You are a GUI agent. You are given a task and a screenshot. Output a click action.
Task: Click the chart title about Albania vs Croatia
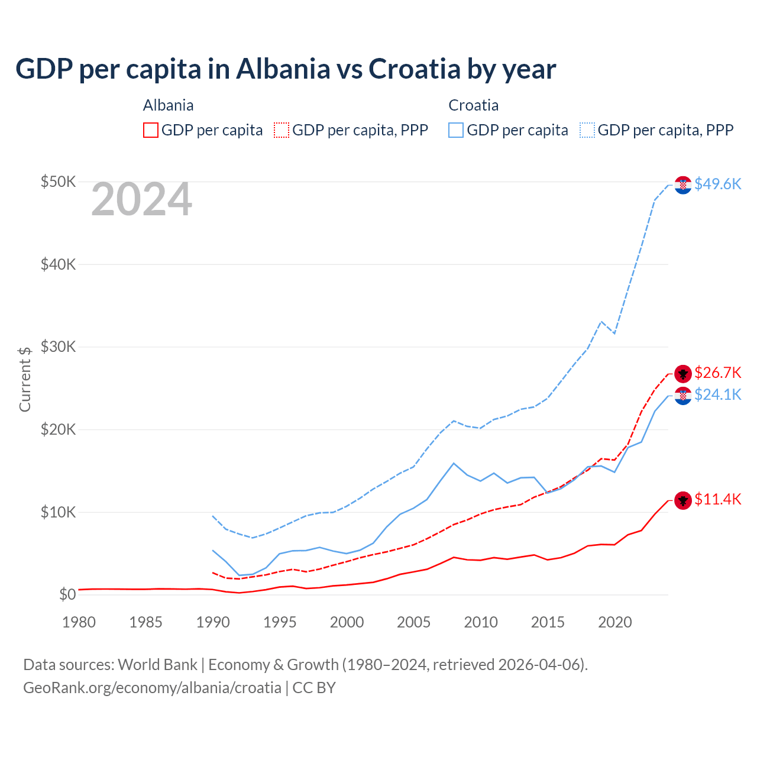pos(286,69)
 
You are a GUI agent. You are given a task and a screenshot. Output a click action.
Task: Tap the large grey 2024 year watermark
pos(141,199)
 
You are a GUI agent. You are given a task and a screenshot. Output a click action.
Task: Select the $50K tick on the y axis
pos(58,182)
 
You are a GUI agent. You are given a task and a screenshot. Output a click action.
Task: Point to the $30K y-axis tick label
pos(58,347)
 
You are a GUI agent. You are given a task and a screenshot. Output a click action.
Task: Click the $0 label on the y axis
pos(67,594)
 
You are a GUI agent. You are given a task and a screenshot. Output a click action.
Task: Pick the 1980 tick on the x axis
pos(79,622)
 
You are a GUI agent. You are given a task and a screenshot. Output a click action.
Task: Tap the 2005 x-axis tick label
pos(414,622)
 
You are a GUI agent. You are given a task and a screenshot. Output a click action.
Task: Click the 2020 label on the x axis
pos(615,622)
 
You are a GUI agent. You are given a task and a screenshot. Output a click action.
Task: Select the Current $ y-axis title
pos(25,379)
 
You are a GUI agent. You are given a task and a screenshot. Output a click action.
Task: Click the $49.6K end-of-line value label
pos(717,184)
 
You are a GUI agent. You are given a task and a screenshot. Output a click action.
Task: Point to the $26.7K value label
pos(717,373)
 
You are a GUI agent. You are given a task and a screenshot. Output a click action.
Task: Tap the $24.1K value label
pos(717,394)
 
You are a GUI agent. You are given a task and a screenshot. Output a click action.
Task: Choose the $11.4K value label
pos(717,499)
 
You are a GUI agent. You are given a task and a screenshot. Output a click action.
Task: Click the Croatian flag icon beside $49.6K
pos(683,185)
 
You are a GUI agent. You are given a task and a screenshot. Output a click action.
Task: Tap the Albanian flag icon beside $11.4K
pos(683,500)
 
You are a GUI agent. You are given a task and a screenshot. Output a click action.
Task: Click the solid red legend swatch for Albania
pos(151,130)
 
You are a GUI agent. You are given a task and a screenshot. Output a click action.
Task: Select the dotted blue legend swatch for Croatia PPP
pos(587,130)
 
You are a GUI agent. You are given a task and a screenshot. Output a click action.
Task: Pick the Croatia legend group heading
pos(473,105)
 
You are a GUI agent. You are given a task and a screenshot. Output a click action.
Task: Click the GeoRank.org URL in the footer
pos(152,688)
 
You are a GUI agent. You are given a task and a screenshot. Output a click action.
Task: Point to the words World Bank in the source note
pos(157,665)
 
